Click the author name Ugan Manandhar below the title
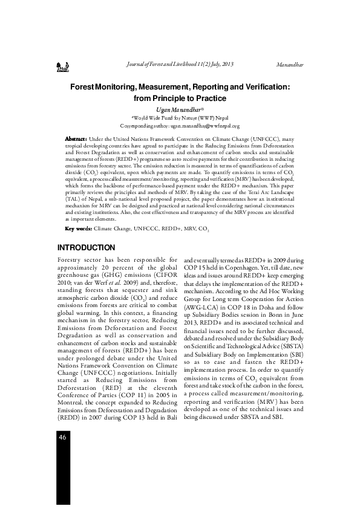180,109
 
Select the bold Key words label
78,230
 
